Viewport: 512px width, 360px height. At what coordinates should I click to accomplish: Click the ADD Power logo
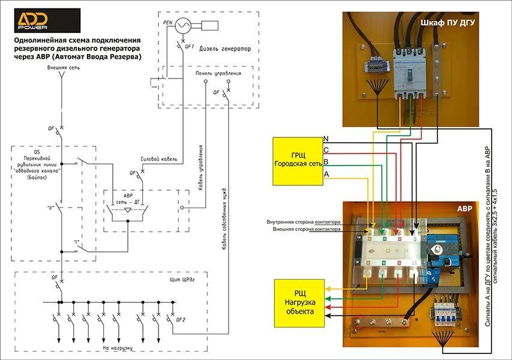coord(46,20)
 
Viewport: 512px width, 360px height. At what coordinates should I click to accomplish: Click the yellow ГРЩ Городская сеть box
coord(297,161)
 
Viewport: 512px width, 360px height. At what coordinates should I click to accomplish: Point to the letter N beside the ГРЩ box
coord(326,139)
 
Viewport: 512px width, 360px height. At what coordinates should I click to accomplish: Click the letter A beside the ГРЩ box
coord(327,173)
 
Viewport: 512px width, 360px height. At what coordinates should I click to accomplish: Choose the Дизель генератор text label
coord(225,49)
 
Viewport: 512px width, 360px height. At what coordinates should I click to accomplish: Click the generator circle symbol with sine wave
coord(183,24)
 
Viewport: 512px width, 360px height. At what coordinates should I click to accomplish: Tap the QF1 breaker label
coord(189,46)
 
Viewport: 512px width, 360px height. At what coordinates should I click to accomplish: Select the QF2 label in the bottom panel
coord(181,319)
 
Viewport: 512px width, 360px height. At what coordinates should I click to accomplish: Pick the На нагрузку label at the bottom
coord(118,347)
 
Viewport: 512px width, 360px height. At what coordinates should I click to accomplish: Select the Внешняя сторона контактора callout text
coord(306,229)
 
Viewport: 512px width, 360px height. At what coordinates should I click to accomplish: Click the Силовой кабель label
coord(158,159)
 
